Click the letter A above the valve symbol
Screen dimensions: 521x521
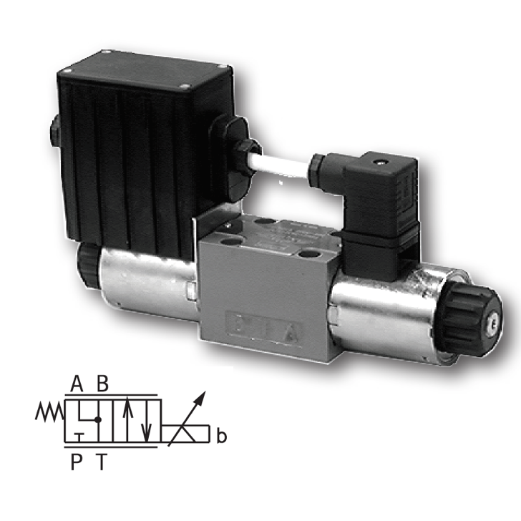click(x=77, y=385)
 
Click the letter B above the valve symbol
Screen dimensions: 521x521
click(x=103, y=385)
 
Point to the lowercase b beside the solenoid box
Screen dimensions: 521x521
click(x=222, y=434)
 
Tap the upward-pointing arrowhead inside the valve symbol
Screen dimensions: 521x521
click(x=127, y=407)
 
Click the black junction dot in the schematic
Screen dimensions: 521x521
click(x=99, y=419)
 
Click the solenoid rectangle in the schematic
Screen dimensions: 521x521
click(x=188, y=434)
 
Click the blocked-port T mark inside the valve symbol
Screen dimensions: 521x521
click(x=81, y=435)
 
